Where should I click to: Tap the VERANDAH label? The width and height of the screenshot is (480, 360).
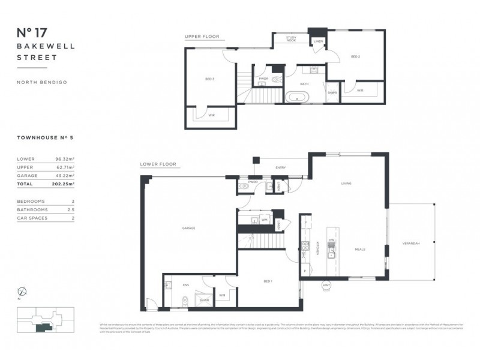[x=410, y=242]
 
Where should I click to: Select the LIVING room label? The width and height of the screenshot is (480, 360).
[x=346, y=183]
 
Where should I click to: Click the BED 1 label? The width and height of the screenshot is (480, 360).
[x=268, y=281]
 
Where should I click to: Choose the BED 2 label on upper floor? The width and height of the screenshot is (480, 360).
[x=355, y=56]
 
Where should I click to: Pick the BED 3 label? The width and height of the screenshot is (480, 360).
[x=210, y=79]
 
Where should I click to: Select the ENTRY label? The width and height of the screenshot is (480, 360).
[x=280, y=167]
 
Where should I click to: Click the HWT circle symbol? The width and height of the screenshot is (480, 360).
[x=327, y=284]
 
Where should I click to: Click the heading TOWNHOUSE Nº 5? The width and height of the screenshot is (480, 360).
[x=45, y=137]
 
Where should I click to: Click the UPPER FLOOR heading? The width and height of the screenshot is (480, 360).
[x=200, y=37]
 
